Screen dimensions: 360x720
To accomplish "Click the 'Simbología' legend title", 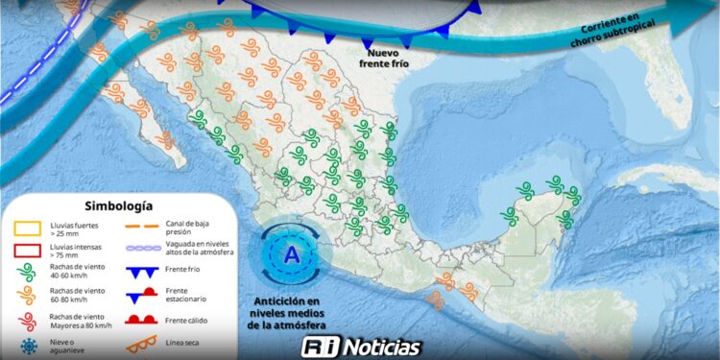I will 118,205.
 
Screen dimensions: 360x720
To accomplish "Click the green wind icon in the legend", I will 27,272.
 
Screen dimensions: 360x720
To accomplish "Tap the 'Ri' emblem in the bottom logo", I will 316,348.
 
